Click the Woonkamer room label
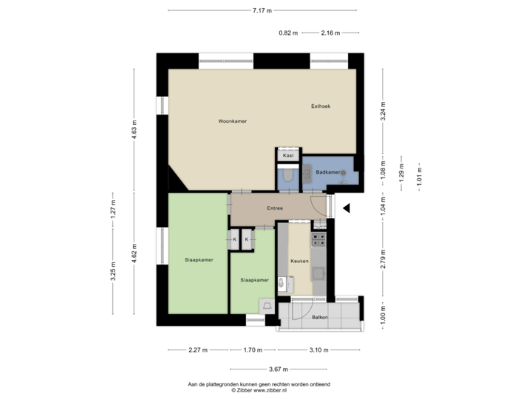coord(232,121)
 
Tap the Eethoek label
coord(320,106)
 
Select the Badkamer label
coord(327,172)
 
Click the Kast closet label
coord(288,156)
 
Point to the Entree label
coord(275,208)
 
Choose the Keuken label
coord(299,262)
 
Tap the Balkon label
coord(319,317)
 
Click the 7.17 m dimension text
coord(262,10)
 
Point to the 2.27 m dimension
coord(197,349)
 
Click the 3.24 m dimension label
coord(383,110)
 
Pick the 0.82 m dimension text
coord(288,33)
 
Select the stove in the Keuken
coord(319,239)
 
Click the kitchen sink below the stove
coord(319,273)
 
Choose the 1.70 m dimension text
coord(253,349)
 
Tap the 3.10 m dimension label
coord(318,349)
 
